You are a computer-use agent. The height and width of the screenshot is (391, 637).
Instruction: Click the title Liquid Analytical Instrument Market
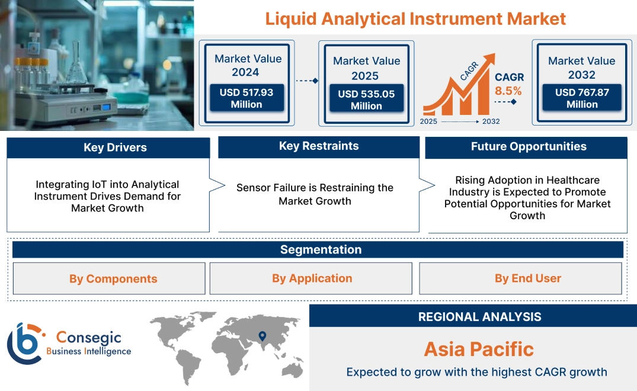(415, 18)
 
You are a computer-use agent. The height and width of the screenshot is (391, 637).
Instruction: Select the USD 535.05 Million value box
(366, 100)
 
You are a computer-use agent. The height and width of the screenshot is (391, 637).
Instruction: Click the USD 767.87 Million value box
(581, 98)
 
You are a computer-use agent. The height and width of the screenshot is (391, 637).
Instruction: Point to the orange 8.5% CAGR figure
(508, 91)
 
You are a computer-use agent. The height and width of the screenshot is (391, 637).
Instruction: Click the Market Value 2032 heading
(581, 68)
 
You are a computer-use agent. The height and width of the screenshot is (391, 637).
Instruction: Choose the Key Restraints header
(319, 146)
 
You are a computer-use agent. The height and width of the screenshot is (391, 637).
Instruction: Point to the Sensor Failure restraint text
(315, 194)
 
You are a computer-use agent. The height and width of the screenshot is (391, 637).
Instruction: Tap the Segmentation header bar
(321, 249)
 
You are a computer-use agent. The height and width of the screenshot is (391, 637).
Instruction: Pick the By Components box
(113, 279)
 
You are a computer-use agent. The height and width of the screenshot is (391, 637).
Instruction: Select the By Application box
(312, 278)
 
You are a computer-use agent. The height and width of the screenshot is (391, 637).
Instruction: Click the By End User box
(527, 278)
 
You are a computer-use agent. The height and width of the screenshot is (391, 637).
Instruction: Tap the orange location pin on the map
(261, 336)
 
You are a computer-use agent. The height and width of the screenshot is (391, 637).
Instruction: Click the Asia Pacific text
(479, 349)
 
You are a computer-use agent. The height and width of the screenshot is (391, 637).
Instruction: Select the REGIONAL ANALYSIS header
(479, 316)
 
